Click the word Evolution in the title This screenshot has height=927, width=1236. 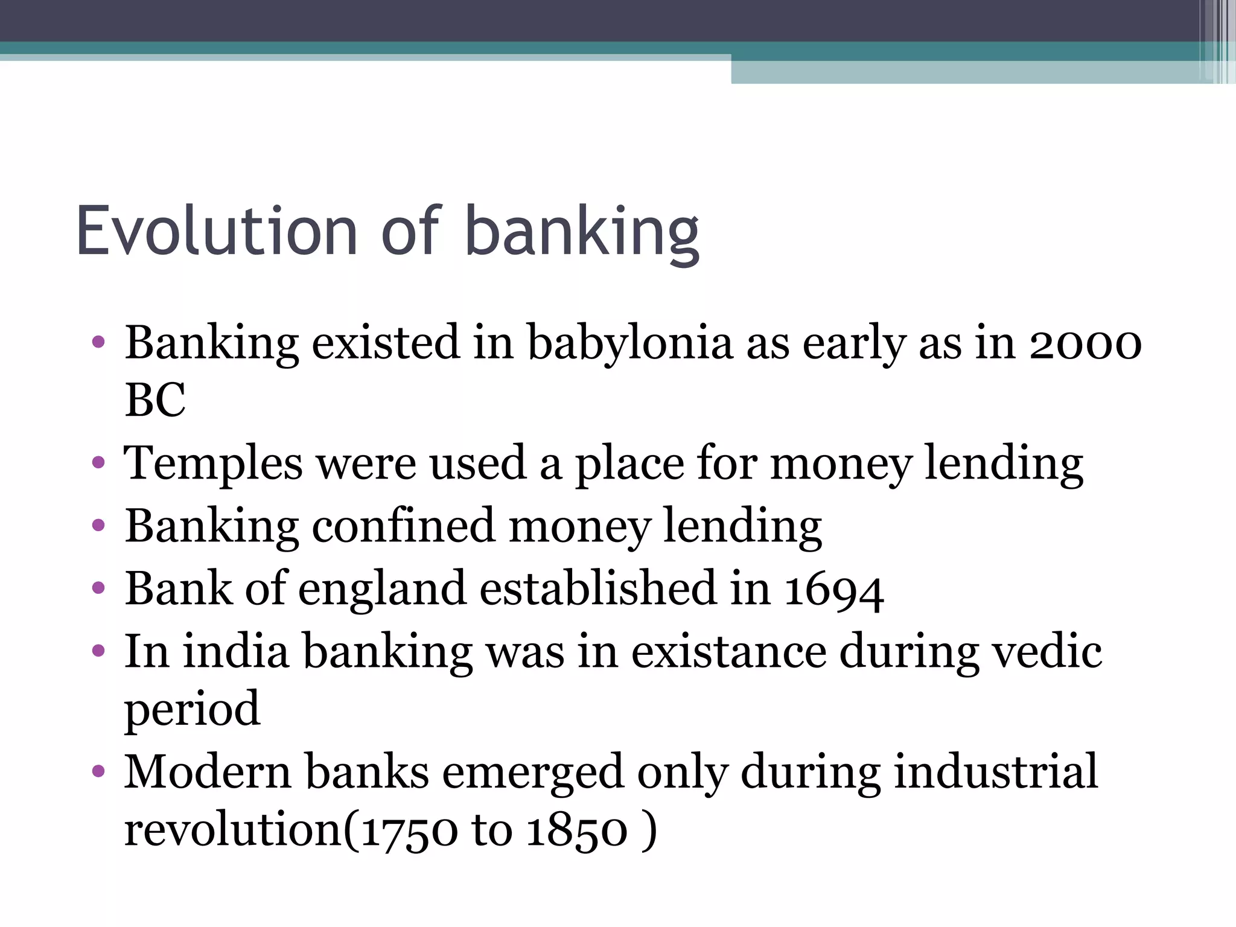tap(217, 232)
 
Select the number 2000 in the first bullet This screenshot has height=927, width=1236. tap(1085, 344)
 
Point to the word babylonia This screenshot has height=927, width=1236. tap(630, 344)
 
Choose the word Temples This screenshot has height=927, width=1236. tap(213, 464)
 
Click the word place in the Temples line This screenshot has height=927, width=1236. tap(629, 464)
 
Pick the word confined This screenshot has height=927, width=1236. tap(403, 526)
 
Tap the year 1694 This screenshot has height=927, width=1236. tap(834, 590)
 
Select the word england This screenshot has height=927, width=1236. tap(381, 590)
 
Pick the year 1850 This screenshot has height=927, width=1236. tap(578, 832)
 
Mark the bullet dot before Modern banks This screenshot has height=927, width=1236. tap(98, 771)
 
